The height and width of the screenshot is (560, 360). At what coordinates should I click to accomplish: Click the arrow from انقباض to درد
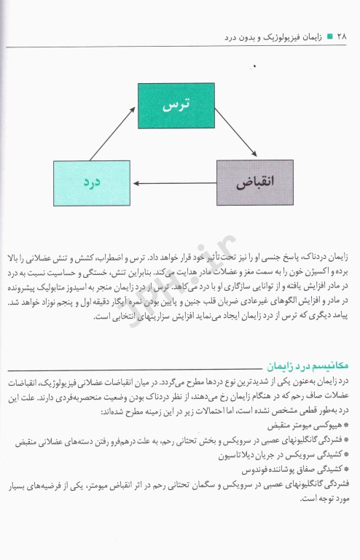pyautogui.click(x=174, y=184)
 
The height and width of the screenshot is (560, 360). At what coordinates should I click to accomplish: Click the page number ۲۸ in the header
pyautogui.click(x=343, y=35)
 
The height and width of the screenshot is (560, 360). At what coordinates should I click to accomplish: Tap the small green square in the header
pyautogui.click(x=329, y=35)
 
